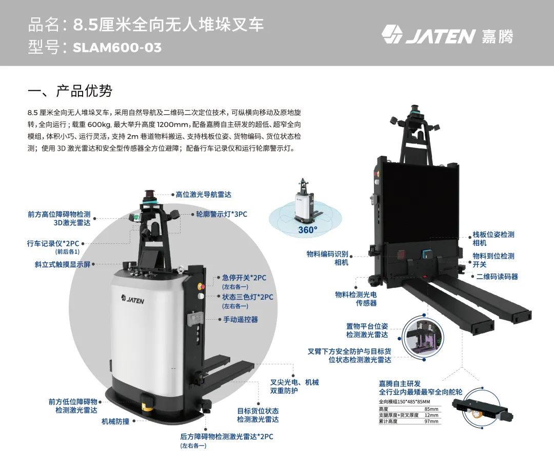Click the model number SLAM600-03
pos(117,47)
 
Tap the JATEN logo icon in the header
pos(392,34)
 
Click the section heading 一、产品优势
pos(70,91)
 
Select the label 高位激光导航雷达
pos(204,194)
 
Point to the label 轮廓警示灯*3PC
pos(222,214)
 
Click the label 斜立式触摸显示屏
pos(63,264)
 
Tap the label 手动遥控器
pos(240,320)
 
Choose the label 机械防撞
pos(115,421)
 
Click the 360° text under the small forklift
pos(307,230)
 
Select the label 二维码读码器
pos(497,277)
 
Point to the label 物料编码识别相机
pos(327,258)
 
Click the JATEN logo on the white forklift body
pos(132,300)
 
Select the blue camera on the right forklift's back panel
pos(425,254)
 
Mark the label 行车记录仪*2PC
pos(53,244)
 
